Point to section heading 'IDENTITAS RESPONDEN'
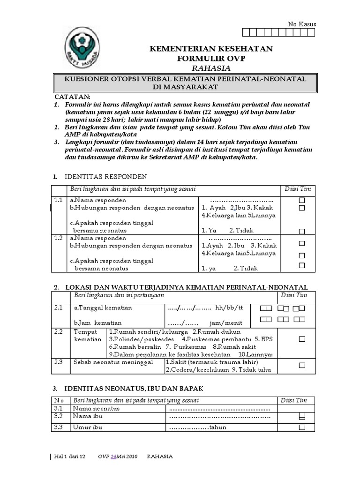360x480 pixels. click(105, 176)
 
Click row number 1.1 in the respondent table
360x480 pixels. click(58, 200)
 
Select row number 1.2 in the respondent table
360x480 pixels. click(58, 238)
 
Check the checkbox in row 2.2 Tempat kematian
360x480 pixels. click(302, 338)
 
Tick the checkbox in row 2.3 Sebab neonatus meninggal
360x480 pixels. click(302, 365)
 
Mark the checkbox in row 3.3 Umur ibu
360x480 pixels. click(302, 427)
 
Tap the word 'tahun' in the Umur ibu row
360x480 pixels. click(217, 427)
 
